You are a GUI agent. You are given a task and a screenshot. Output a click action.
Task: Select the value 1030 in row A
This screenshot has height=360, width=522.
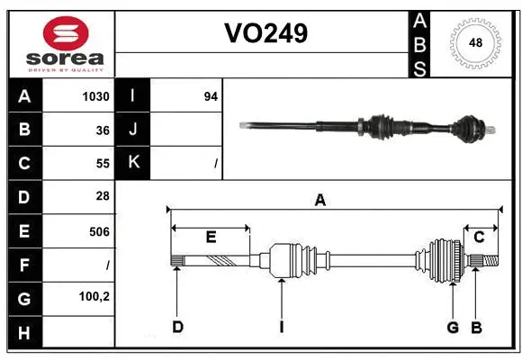tap(95, 96)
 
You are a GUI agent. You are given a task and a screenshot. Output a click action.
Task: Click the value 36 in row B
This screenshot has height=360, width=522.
tap(102, 130)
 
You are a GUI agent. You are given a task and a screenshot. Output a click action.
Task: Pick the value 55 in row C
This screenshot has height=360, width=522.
tap(102, 164)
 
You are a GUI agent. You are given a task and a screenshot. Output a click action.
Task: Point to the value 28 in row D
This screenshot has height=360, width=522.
tap(102, 196)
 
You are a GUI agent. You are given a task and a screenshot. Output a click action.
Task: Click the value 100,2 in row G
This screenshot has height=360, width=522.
tap(94, 295)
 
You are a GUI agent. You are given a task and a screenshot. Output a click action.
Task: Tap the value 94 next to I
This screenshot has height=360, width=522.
tap(211, 96)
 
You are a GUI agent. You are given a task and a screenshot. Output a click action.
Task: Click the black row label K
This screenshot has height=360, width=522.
tap(133, 163)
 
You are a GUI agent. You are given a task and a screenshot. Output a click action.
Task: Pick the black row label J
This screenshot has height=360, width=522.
tap(133, 130)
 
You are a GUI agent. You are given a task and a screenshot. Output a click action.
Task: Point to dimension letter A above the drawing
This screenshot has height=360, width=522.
tap(319, 201)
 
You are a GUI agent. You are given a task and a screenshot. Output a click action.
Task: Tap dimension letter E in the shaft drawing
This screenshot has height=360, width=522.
tap(211, 238)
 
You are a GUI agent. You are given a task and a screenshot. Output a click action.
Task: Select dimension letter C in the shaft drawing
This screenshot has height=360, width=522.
tap(480, 238)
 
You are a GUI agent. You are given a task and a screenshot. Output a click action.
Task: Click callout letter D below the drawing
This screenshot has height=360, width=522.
tap(177, 327)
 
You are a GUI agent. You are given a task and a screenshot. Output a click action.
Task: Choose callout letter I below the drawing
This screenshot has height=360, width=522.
tap(281, 327)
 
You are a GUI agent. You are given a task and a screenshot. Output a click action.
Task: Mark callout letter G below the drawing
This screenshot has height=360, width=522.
tap(453, 327)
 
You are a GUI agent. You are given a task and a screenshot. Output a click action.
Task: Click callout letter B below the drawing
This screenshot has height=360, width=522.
tap(477, 327)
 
